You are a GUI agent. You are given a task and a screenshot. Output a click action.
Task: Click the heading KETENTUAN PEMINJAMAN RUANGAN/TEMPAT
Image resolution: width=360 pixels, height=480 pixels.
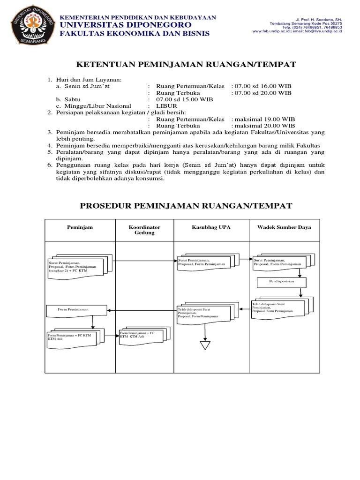pyautogui.click(x=186, y=65)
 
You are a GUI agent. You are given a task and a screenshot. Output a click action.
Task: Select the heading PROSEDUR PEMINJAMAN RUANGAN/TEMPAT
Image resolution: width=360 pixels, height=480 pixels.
pyautogui.click(x=186, y=206)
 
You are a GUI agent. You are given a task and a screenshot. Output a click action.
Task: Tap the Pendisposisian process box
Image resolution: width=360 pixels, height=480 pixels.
pyautogui.click(x=281, y=283)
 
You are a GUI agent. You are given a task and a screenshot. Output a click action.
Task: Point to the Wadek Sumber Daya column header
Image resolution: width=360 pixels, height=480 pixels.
pyautogui.click(x=284, y=227)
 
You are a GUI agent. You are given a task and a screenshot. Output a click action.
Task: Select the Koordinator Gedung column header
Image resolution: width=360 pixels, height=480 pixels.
pyautogui.click(x=144, y=230)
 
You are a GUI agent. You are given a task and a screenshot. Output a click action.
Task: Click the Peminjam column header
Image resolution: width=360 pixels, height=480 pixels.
pyautogui.click(x=80, y=227)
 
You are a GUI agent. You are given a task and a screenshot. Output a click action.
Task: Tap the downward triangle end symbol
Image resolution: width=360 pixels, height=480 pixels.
pyautogui.click(x=205, y=345)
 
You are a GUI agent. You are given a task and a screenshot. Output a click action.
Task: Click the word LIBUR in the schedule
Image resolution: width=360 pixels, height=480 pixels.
pyautogui.click(x=167, y=106)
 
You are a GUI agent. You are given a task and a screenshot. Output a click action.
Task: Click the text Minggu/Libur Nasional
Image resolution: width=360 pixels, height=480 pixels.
pyautogui.click(x=97, y=106)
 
